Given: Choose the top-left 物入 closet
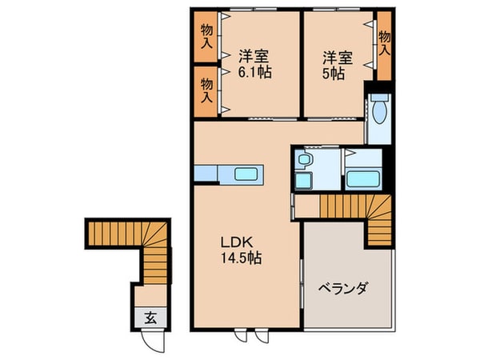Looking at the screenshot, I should (206, 37).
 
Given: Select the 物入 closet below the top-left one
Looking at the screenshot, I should (206, 90).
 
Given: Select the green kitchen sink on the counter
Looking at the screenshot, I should (246, 174).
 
